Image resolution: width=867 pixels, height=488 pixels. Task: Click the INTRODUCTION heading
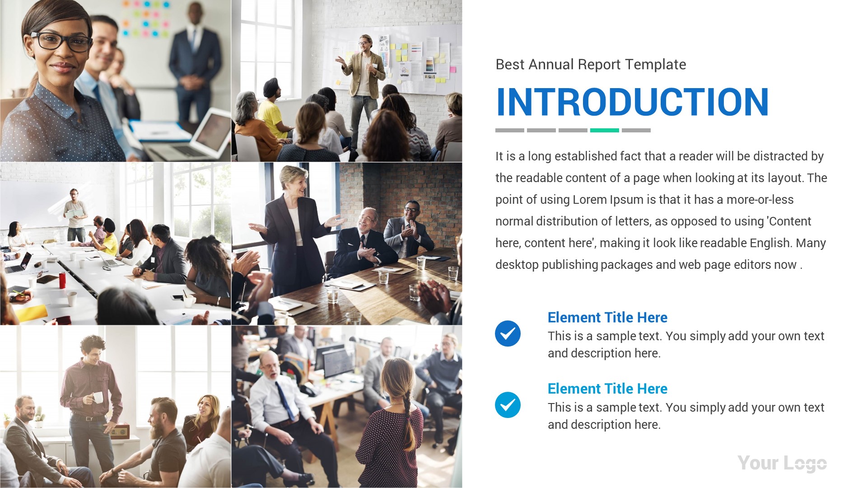coord(632,102)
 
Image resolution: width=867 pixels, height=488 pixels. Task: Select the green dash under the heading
coord(604,130)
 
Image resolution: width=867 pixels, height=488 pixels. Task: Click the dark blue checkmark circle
coord(508,333)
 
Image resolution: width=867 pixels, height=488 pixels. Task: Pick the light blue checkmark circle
coord(508,405)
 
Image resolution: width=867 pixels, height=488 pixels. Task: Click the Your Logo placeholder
coord(782,463)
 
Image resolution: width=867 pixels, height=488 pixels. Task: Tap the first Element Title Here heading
coord(607,317)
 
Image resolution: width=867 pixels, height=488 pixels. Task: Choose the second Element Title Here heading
coord(607,389)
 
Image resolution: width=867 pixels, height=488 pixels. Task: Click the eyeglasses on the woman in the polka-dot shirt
coord(61,41)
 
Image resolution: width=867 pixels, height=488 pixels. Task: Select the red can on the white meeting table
coord(62,280)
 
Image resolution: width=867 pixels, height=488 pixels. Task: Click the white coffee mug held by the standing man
coord(98,397)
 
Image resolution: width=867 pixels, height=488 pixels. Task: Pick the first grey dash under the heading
coord(509,130)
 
